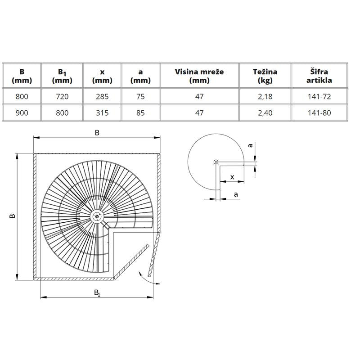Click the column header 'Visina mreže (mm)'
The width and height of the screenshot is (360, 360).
(x=199, y=76)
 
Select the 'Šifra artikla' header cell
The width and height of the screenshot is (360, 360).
(x=319, y=76)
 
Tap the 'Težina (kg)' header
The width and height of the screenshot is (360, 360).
(x=265, y=76)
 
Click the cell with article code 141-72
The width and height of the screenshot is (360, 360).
(x=319, y=96)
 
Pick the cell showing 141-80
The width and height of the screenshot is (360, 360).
(x=319, y=113)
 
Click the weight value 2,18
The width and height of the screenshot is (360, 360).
(x=265, y=97)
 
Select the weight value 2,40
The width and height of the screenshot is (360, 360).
(x=265, y=113)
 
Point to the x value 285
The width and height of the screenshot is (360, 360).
(x=102, y=96)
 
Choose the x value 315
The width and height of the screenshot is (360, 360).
(x=102, y=113)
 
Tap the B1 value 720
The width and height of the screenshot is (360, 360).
(x=62, y=96)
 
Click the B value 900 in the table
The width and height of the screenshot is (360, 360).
(x=22, y=113)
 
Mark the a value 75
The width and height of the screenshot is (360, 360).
(x=140, y=96)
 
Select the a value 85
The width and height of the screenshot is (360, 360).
(x=140, y=113)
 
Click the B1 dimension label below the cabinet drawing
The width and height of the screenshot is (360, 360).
(x=97, y=293)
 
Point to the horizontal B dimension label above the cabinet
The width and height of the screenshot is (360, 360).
(x=97, y=133)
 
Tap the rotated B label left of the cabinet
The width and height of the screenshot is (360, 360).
(x=13, y=216)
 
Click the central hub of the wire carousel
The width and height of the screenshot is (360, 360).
(x=97, y=216)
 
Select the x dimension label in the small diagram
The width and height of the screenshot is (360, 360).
(x=232, y=177)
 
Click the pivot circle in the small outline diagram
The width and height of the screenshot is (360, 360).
(x=216, y=162)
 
